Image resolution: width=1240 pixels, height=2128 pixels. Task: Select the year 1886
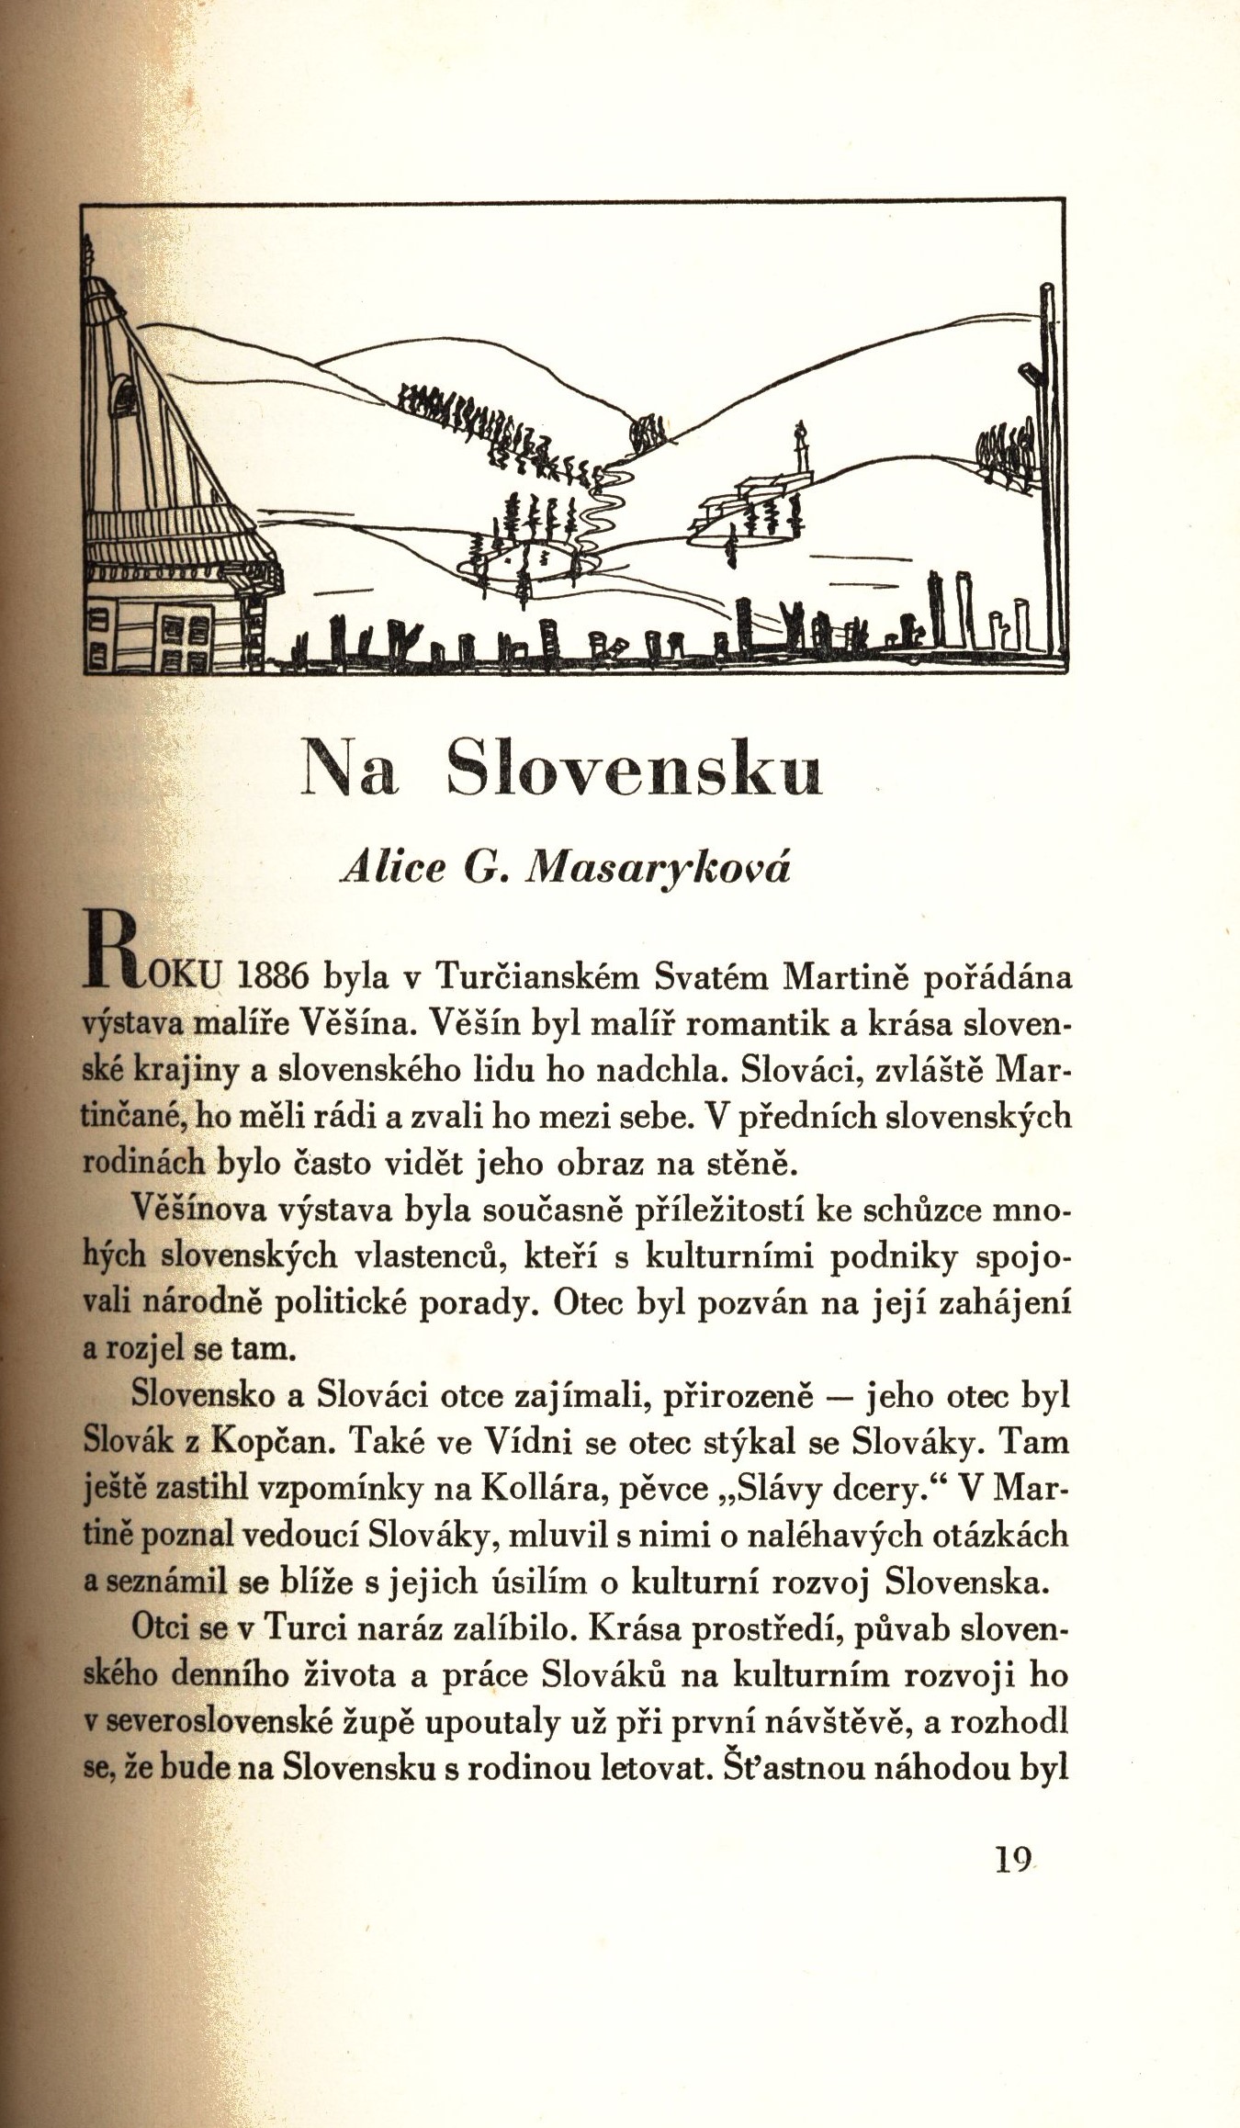click(271, 977)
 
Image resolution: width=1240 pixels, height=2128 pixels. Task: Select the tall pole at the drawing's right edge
click(1048, 441)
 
